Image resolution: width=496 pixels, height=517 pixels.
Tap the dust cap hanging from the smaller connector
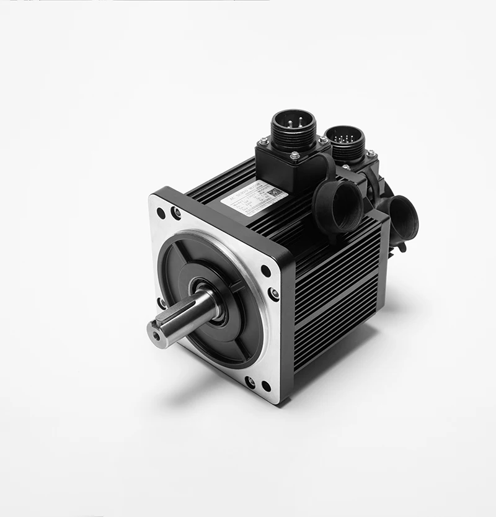402,218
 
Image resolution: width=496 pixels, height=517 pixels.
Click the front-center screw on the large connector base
294,156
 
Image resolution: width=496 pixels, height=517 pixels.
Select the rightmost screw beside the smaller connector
371,153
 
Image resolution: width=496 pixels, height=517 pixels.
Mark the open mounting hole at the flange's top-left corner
161,213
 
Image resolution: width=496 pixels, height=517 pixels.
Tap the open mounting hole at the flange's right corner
266,271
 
